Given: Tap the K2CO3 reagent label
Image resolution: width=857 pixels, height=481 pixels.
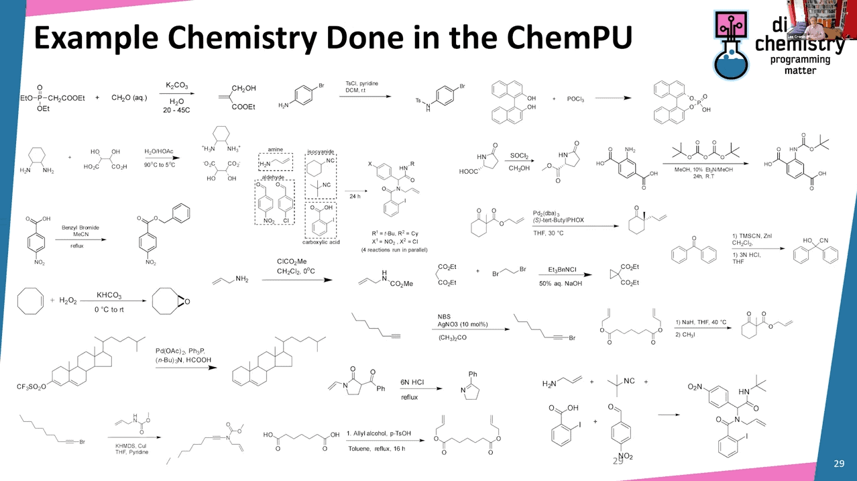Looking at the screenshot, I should [177, 86].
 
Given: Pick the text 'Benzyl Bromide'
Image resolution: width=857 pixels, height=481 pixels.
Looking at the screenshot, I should [80, 228].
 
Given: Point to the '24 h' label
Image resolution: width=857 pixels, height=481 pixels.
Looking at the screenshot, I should [354, 197].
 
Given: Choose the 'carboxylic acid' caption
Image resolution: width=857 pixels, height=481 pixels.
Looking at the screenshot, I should [321, 242].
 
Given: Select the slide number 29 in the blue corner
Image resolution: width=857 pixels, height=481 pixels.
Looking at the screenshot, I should [839, 464].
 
